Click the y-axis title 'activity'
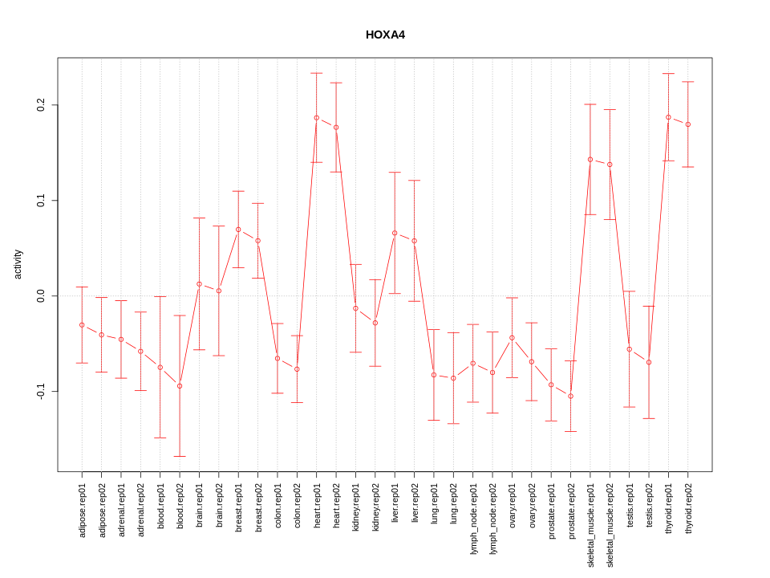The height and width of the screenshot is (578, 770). [x=18, y=264]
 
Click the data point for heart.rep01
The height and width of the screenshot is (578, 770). [x=317, y=118]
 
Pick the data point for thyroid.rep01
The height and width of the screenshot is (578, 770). [x=668, y=117]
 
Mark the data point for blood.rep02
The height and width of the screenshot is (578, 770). [x=180, y=386]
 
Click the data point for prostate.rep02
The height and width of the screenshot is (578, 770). [x=570, y=396]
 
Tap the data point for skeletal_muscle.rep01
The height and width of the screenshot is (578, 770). [x=590, y=160]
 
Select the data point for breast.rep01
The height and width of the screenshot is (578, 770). [x=238, y=230]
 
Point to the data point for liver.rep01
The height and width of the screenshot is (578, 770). [x=395, y=233]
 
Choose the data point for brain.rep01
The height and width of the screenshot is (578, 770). [x=199, y=284]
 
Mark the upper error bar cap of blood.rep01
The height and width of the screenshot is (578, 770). [x=160, y=296]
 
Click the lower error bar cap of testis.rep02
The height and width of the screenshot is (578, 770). [x=649, y=418]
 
